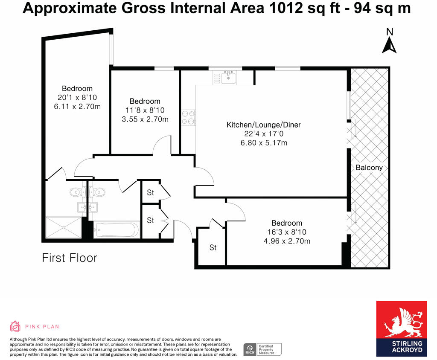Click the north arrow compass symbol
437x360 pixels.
point(389,41)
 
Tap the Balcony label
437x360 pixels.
point(369,168)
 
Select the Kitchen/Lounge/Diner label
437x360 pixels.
point(263,125)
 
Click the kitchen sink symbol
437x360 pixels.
point(228,77)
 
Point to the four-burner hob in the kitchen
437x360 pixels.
point(188,117)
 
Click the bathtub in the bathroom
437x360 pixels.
point(116,230)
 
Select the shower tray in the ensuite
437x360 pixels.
point(63,227)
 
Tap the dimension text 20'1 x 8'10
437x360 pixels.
point(77,97)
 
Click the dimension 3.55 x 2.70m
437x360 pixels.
point(145,119)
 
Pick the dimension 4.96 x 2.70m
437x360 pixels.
point(287,241)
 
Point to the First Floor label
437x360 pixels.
point(70,258)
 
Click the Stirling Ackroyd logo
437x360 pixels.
point(401,328)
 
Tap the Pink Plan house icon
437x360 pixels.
point(15,326)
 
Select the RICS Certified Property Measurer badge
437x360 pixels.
point(262,349)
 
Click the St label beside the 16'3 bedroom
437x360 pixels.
point(213,247)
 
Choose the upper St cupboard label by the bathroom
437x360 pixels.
point(151,192)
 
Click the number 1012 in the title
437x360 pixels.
point(286,8)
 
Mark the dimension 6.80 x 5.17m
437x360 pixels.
point(264,143)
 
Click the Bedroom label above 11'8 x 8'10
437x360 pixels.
point(145,101)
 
